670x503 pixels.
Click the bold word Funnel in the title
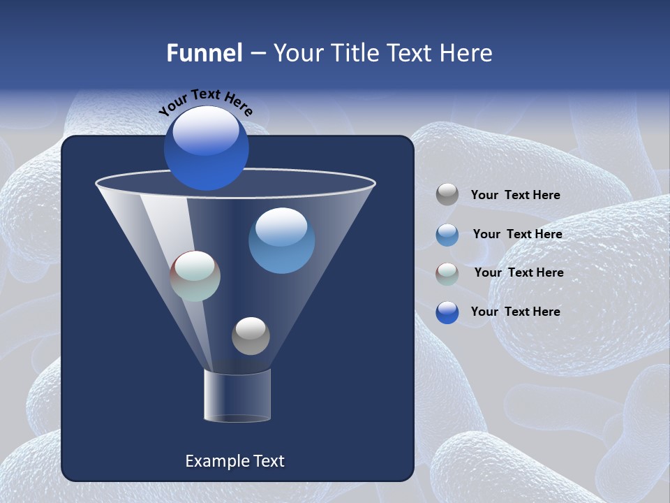204,53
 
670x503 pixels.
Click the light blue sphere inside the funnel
281,240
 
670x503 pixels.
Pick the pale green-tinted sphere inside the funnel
195,276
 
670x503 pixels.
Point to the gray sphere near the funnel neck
251,336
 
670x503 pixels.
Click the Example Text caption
234,461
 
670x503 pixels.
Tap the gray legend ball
447,195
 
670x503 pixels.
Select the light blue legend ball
447,235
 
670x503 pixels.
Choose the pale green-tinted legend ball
447,273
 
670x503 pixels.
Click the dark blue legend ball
447,312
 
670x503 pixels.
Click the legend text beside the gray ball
515,196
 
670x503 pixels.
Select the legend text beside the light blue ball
517,235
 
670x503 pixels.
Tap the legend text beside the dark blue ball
515,312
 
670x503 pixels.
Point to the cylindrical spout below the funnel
237,396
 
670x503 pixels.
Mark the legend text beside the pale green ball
519,272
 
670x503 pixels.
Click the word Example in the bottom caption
212,461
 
